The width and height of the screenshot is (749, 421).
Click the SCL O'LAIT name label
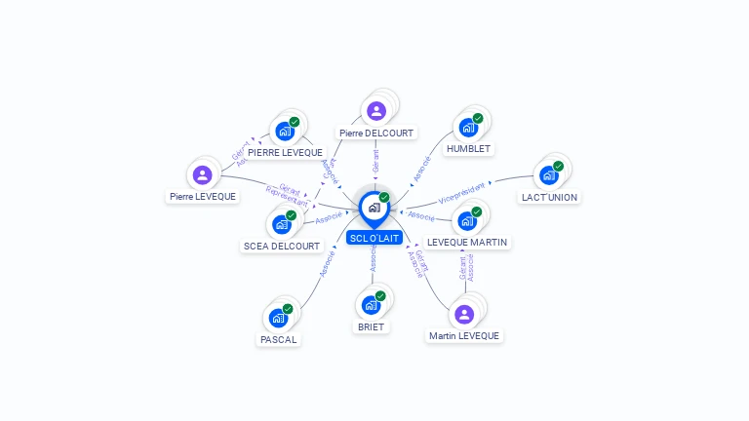coord(374,238)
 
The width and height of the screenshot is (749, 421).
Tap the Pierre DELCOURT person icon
coord(376,111)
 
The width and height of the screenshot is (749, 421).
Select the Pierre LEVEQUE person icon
coord(202,175)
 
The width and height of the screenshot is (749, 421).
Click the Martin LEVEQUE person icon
coord(464,314)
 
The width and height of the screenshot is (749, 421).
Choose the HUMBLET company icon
coord(469,128)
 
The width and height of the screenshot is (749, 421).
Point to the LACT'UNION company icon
coord(549,175)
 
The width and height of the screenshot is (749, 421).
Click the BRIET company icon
coord(371,305)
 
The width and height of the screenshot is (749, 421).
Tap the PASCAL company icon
coord(279,318)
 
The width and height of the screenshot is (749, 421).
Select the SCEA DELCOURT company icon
coord(282,224)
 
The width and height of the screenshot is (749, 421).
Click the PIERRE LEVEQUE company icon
coord(285,131)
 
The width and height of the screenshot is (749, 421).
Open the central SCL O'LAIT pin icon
coord(374,208)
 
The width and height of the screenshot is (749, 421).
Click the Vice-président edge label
coord(461,192)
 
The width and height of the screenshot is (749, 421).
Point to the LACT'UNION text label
coord(549,197)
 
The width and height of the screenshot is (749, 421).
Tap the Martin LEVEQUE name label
coord(464,336)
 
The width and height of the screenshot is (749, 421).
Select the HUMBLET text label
coord(468,149)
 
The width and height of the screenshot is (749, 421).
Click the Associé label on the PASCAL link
coord(328,264)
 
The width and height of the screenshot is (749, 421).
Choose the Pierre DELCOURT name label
coord(376,133)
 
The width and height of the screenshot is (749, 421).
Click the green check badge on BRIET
coord(380,295)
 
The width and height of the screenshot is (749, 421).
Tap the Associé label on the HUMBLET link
coord(421,168)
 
